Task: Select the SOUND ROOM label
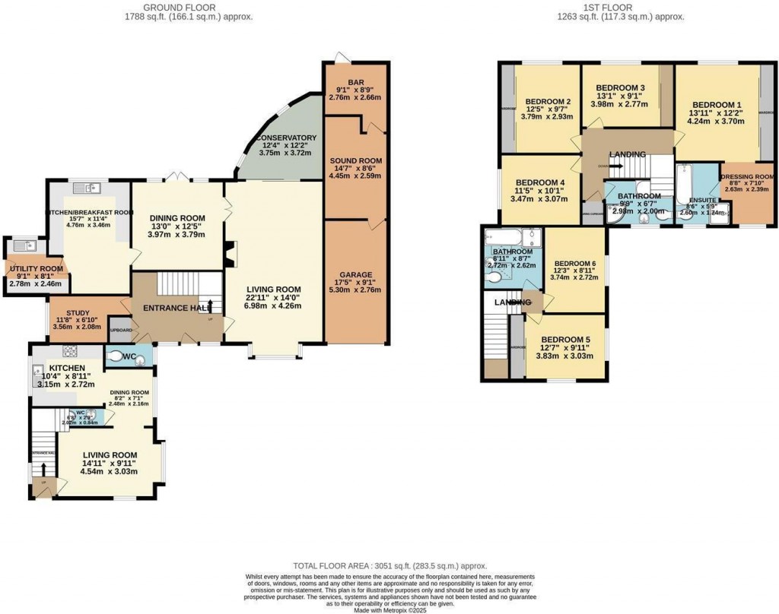tap(356, 161)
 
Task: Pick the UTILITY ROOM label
tap(35, 269)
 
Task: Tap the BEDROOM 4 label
tap(540, 183)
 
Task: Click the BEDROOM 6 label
tap(575, 263)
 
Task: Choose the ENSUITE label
tap(698, 199)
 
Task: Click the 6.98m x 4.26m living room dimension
tap(274, 305)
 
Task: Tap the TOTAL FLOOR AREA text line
tap(389, 566)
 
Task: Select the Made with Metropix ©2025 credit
tap(389, 609)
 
